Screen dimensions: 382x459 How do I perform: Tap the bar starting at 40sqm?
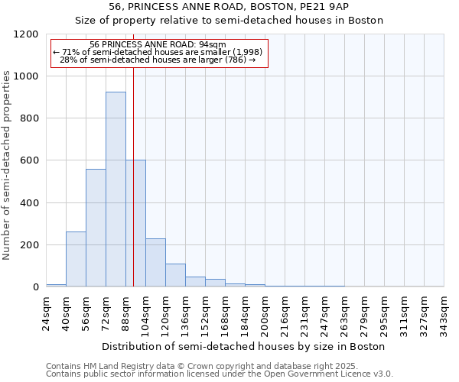click(76, 259)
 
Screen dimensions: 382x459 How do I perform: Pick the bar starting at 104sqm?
click(155, 263)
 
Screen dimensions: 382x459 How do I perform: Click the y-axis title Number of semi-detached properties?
click(7, 161)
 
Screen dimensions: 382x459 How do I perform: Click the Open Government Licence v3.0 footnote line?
click(220, 374)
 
